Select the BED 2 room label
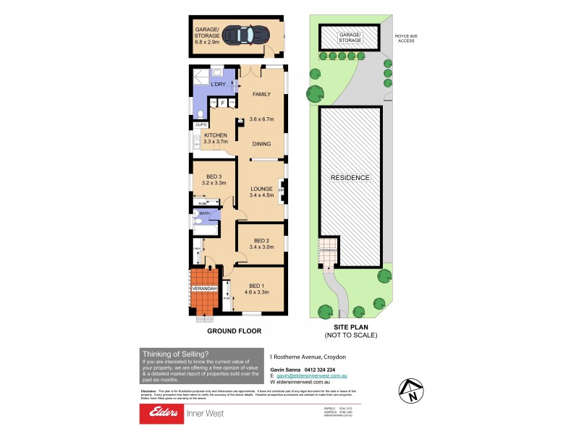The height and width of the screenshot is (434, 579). tap(258, 241)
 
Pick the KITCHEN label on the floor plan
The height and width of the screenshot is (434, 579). tap(216, 135)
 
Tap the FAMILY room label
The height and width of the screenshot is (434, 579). tap(261, 95)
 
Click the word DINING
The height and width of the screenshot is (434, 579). tap(261, 143)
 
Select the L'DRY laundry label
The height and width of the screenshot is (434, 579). tap(218, 85)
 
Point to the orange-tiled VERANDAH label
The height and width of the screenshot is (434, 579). tap(204, 289)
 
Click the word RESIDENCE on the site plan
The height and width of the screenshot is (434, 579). tap(350, 177)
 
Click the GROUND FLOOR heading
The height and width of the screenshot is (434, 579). tap(234, 331)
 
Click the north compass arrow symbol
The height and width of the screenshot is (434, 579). tap(412, 391)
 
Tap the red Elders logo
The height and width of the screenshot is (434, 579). tap(165, 413)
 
